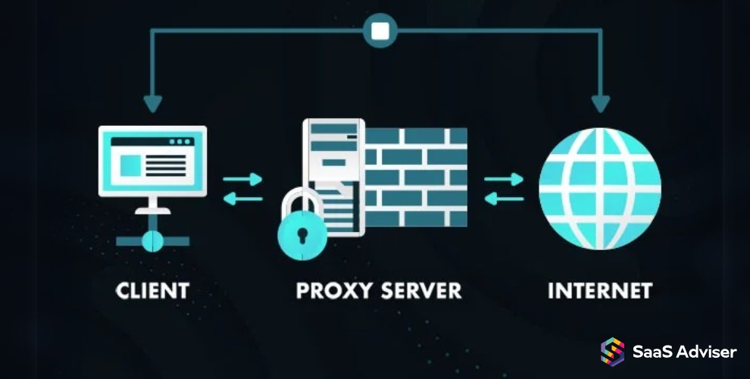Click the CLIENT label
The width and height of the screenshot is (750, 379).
152,290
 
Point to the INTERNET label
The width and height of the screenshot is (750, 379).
599,290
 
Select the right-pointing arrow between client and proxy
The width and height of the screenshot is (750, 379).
243,180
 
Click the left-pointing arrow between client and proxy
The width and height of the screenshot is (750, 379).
242,199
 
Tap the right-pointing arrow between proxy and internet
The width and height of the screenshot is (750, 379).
505,180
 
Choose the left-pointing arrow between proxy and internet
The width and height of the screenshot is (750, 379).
504,199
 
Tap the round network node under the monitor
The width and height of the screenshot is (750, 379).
152,240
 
